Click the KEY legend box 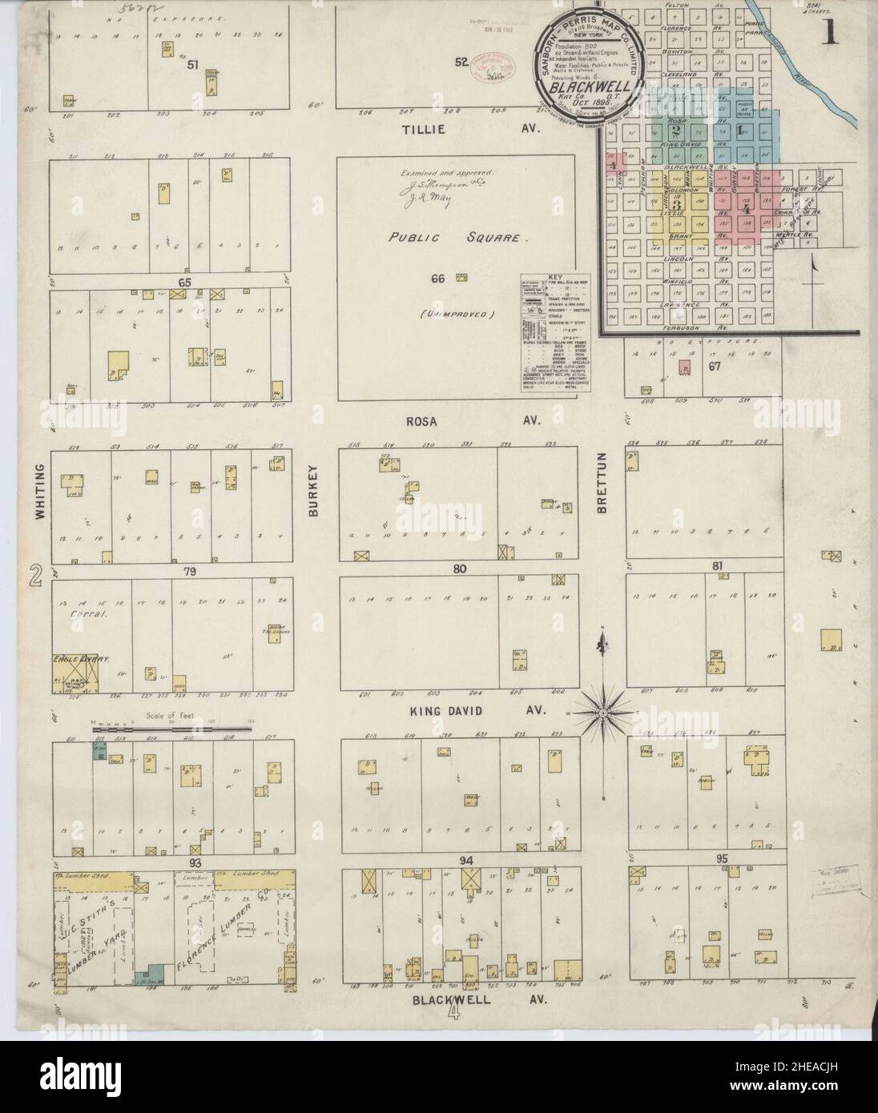(555, 320)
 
